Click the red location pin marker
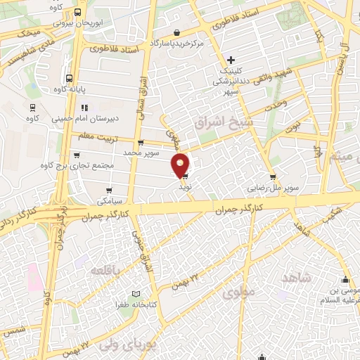(x=181, y=165)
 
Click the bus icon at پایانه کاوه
(x=69, y=79)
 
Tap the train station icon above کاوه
(x=32, y=108)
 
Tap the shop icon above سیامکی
(x=110, y=190)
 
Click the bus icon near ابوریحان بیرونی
(x=77, y=12)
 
